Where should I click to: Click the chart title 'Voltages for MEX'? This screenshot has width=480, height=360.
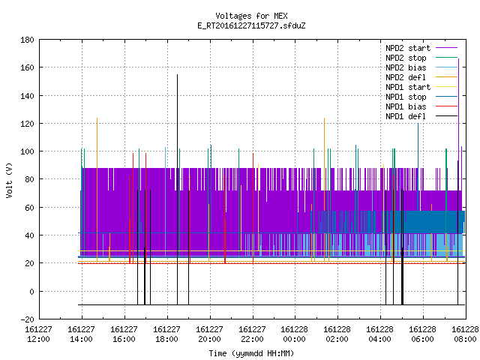[251, 16]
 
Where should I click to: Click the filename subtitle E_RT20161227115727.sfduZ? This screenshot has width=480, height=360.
[251, 25]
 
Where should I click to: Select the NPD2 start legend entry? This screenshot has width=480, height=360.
[421, 48]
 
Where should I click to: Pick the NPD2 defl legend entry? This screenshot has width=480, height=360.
[421, 77]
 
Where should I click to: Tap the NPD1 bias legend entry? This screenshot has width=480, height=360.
[421, 106]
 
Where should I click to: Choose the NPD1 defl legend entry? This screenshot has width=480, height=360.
[421, 116]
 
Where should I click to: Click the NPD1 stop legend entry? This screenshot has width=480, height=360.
[421, 97]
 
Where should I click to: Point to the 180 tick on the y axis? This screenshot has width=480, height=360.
[27, 40]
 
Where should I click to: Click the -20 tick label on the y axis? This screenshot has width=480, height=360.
[27, 319]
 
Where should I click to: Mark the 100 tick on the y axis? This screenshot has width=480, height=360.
[27, 151]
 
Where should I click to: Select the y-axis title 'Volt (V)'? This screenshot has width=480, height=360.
[9, 180]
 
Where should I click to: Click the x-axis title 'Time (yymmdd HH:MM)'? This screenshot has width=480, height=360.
[251, 353]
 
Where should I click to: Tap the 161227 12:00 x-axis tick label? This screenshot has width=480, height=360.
[38, 334]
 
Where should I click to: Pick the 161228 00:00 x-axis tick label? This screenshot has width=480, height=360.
[295, 334]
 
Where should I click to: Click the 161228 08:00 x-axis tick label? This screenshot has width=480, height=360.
[465, 334]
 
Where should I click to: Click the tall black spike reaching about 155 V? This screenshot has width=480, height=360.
[177, 190]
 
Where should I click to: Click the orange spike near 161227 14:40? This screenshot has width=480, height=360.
[97, 190]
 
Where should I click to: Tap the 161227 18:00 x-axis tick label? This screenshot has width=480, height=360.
[166, 334]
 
